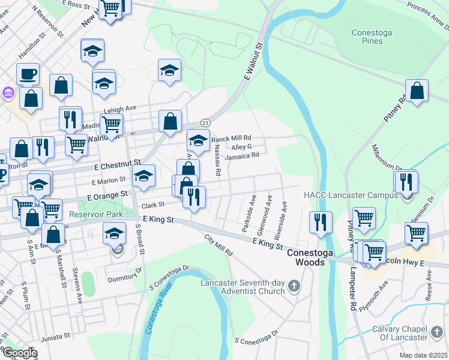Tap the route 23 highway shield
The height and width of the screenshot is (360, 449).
click(x=205, y=122)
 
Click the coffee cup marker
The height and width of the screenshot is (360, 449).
click(x=28, y=75)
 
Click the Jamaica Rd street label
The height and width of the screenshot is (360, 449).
click(x=242, y=155)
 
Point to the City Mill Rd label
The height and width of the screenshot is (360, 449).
click(x=218, y=245)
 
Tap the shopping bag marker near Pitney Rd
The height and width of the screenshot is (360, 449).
click(x=417, y=92)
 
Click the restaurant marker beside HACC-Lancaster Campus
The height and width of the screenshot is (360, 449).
click(x=407, y=182)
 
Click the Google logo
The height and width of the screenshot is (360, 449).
click(x=19, y=353)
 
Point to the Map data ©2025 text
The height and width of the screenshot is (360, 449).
click(x=423, y=355)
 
